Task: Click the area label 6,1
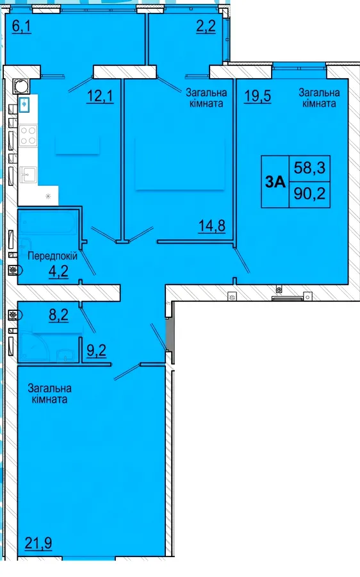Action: click(22, 26)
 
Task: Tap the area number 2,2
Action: click(206, 26)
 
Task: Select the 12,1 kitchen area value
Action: click(100, 96)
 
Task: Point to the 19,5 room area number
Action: click(258, 96)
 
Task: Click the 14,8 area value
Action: click(212, 225)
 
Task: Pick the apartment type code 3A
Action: click(275, 182)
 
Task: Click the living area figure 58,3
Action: click(309, 168)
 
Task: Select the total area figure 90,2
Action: click(309, 193)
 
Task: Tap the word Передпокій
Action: click(53, 256)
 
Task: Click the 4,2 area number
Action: click(58, 272)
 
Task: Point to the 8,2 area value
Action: click(59, 315)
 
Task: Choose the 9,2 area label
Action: click(97, 350)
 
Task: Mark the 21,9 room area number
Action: click(38, 543)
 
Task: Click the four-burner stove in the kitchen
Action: click(28, 135)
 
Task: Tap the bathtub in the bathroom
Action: click(48, 222)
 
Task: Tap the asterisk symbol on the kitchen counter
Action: click(48, 196)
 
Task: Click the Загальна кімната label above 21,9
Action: click(49, 394)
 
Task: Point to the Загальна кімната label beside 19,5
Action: click(319, 97)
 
